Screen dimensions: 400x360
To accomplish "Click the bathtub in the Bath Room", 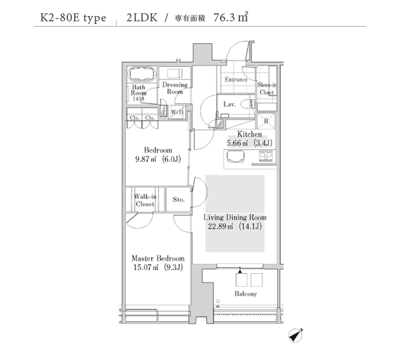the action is (142, 74).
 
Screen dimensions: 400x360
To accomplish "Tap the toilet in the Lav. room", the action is (248, 104).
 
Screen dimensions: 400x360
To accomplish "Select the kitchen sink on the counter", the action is (235, 156).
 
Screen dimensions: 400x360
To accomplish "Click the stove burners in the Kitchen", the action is (266, 155).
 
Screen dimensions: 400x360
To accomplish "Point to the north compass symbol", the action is (295, 335).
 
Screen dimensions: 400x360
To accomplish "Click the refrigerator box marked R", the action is (266, 121).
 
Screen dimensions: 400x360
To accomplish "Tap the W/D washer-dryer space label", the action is (177, 112).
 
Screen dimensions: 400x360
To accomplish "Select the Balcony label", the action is (245, 294).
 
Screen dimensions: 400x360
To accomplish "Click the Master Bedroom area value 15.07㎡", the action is (145, 267).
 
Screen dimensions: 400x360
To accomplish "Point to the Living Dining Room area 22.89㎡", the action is (221, 226).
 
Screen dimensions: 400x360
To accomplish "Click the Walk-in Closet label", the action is (145, 200).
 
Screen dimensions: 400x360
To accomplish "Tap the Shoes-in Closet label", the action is (267, 88).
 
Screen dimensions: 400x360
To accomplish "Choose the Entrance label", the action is (236, 79).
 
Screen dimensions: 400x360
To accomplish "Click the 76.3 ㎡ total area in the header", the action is (231, 17).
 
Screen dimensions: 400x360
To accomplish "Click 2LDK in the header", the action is (142, 17).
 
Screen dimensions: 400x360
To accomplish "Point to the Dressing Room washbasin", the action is (175, 73).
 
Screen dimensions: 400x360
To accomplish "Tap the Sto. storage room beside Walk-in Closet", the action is (179, 199).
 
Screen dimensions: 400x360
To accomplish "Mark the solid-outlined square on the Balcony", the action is (241, 279).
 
